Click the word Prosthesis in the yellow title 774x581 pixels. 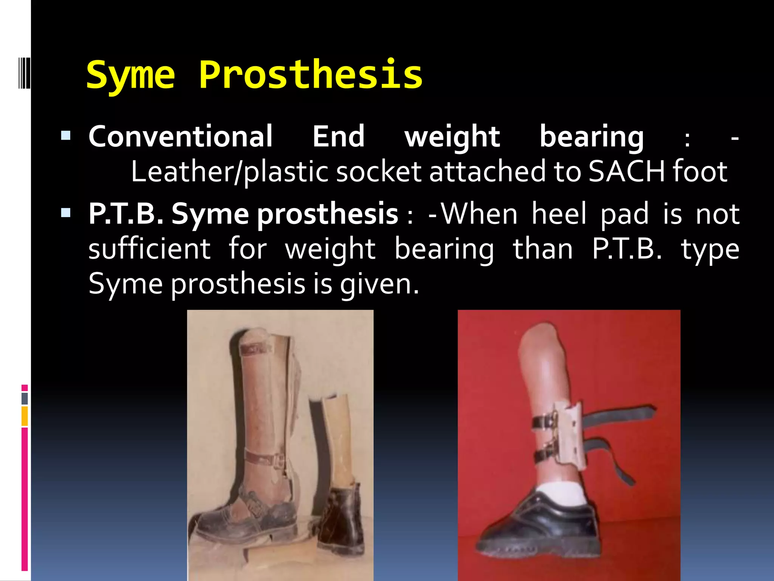(310, 75)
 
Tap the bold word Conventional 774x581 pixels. (180, 137)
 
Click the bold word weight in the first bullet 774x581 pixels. (452, 137)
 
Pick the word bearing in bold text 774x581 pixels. (591, 137)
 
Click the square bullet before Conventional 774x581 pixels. (66, 135)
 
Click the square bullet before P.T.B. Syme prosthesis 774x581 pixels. (66, 213)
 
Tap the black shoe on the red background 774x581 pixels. (540, 530)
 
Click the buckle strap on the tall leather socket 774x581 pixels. (265, 459)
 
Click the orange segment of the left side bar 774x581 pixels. (25, 416)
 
